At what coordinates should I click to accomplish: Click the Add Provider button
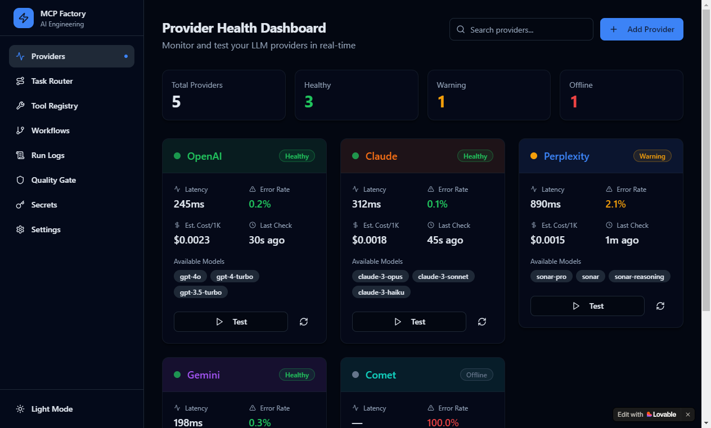(641, 29)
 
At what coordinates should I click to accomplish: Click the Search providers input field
(521, 29)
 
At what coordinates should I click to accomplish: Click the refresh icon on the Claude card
(482, 322)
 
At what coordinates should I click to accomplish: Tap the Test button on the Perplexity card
(587, 306)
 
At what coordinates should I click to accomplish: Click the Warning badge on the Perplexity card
(652, 156)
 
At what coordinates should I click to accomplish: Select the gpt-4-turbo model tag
(235, 277)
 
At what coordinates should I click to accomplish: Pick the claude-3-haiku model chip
(381, 292)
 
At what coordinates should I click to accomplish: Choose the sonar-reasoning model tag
(639, 277)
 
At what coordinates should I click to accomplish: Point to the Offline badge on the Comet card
(476, 375)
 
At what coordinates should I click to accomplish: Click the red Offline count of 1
(574, 102)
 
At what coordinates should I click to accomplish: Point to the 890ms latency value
(545, 204)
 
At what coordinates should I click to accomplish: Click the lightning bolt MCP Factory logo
(24, 18)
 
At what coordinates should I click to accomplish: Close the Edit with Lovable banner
(688, 415)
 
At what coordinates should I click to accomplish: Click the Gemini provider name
(204, 375)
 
